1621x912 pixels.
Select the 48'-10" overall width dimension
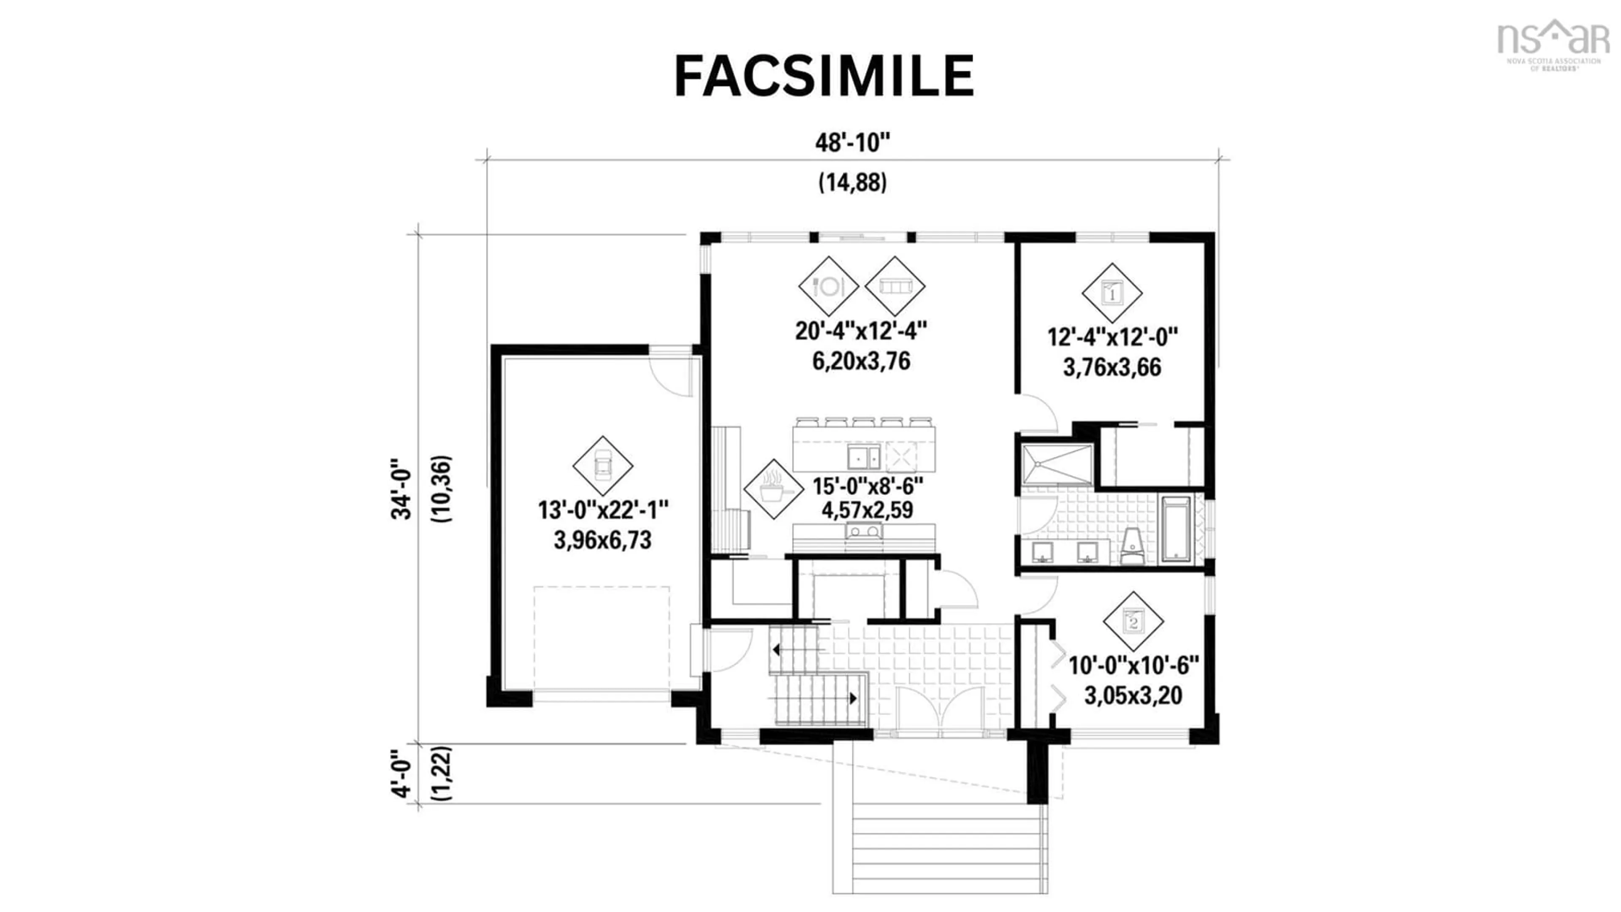[x=853, y=143]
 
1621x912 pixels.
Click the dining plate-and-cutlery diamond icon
[x=828, y=286]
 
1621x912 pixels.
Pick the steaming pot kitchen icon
[x=773, y=489]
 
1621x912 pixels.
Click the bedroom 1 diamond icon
[x=1112, y=293]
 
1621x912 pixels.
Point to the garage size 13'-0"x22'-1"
[x=602, y=510]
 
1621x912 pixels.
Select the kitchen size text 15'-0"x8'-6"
[x=867, y=486]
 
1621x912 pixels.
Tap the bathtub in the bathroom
[x=1176, y=529]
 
